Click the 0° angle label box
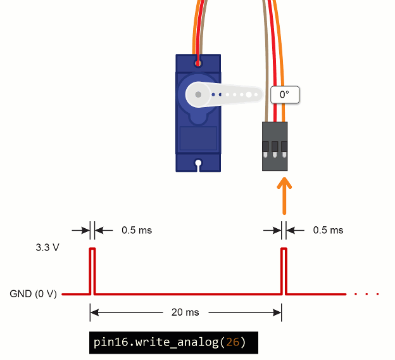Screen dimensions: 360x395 pos(284,95)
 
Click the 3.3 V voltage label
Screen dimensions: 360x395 pos(47,247)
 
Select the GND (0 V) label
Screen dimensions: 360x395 pos(33,294)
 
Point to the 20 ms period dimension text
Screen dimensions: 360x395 pos(185,312)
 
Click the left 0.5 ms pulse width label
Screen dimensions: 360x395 pos(137,230)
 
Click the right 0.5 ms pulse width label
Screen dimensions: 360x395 pos(328,230)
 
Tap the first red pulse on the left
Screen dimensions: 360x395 pos(92,269)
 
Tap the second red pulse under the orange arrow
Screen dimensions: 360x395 pos(284,269)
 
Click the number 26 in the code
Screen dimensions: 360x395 pos(233,343)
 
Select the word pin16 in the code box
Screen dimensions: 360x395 pos(108,343)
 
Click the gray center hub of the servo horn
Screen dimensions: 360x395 pos(199,95)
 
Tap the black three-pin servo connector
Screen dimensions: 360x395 pos(275,146)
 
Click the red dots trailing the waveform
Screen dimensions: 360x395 pos(367,294)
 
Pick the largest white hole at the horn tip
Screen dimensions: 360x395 pos(249,95)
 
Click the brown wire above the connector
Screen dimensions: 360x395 pos(266,57)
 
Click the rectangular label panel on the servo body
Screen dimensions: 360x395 pos(198,138)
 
